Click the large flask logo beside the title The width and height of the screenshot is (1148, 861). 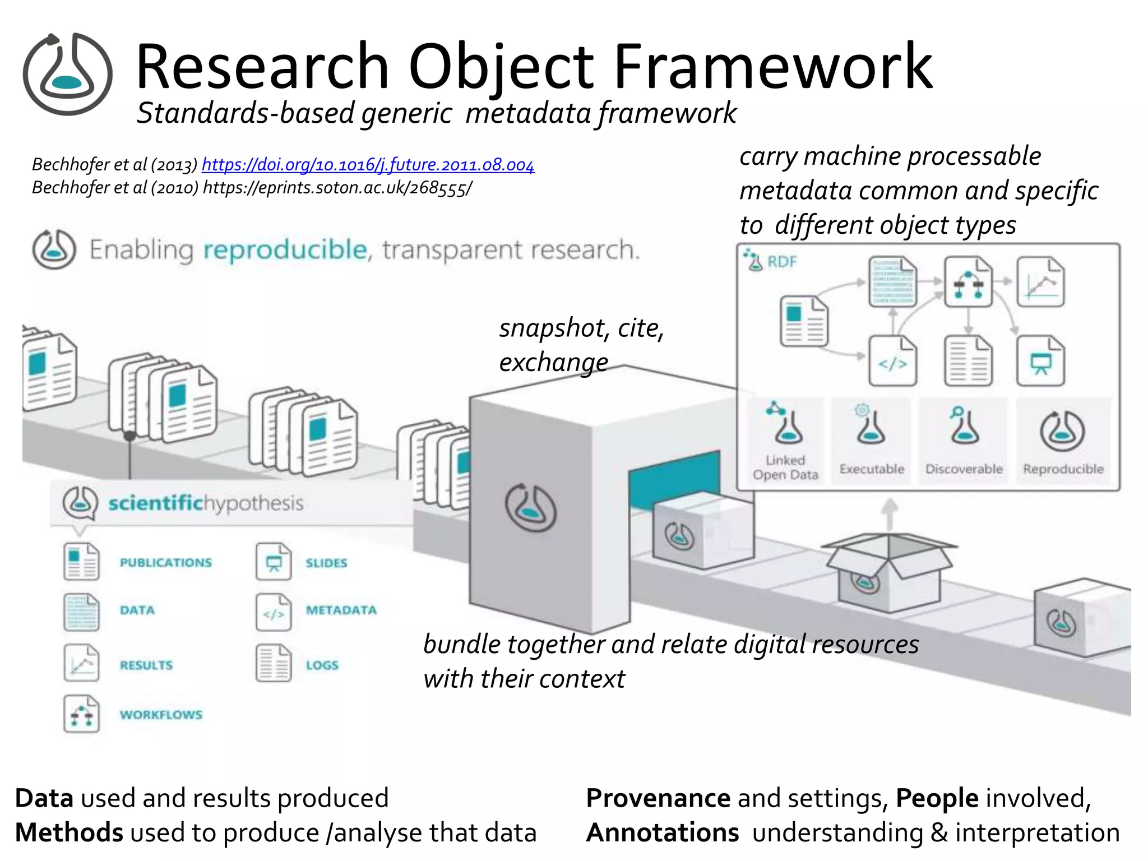click(x=67, y=75)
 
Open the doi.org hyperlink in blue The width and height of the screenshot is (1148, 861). click(x=368, y=164)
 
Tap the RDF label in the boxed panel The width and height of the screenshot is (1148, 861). click(x=781, y=262)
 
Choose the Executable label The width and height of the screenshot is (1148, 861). click(x=872, y=469)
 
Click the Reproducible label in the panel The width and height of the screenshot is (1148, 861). click(x=1063, y=469)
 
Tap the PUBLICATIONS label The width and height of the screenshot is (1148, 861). click(x=166, y=562)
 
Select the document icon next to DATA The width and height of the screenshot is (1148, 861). click(x=81, y=612)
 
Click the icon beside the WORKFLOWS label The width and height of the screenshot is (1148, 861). click(x=81, y=714)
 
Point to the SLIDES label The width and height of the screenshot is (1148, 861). click(x=326, y=563)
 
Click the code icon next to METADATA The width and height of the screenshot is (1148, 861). click(x=274, y=613)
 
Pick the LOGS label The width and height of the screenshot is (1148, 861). click(x=322, y=665)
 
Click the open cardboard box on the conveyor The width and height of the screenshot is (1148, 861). click(x=888, y=572)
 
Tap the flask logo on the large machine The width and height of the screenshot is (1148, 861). click(x=530, y=508)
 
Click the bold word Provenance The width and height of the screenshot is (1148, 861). click(x=658, y=798)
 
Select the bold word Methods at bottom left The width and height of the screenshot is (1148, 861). click(x=69, y=832)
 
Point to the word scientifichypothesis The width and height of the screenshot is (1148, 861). click(x=206, y=503)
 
